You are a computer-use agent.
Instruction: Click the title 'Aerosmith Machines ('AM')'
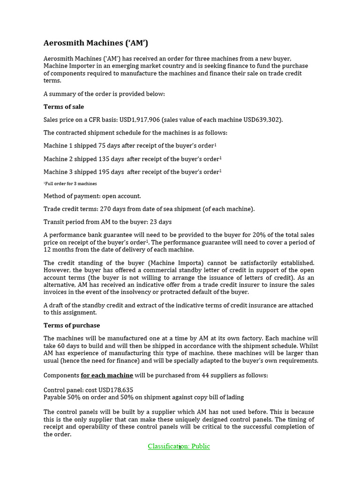96,43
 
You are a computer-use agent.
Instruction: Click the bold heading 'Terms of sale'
64,107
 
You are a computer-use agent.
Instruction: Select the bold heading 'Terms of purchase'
72,325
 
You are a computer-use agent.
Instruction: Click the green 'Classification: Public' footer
179,446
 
